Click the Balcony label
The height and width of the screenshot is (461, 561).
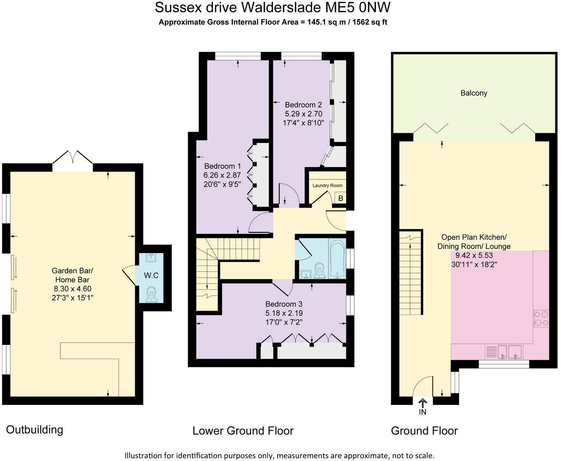click(x=473, y=93)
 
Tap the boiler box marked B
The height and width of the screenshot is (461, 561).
click(x=341, y=198)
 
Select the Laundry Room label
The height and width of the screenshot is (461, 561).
click(x=327, y=186)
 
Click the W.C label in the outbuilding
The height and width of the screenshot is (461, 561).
click(x=151, y=276)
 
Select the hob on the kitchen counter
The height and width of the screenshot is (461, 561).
click(x=541, y=318)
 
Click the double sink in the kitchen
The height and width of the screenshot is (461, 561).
click(x=509, y=352)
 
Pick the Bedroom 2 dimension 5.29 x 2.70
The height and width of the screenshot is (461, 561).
click(x=303, y=114)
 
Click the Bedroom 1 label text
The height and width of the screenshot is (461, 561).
click(x=220, y=166)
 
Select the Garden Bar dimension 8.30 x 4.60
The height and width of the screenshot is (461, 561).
click(x=72, y=289)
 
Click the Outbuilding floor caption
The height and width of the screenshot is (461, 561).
click(x=35, y=430)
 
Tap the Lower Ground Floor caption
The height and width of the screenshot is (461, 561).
click(x=243, y=431)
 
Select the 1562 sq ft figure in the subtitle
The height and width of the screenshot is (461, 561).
click(x=369, y=22)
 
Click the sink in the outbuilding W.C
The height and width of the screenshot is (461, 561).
click(x=151, y=257)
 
